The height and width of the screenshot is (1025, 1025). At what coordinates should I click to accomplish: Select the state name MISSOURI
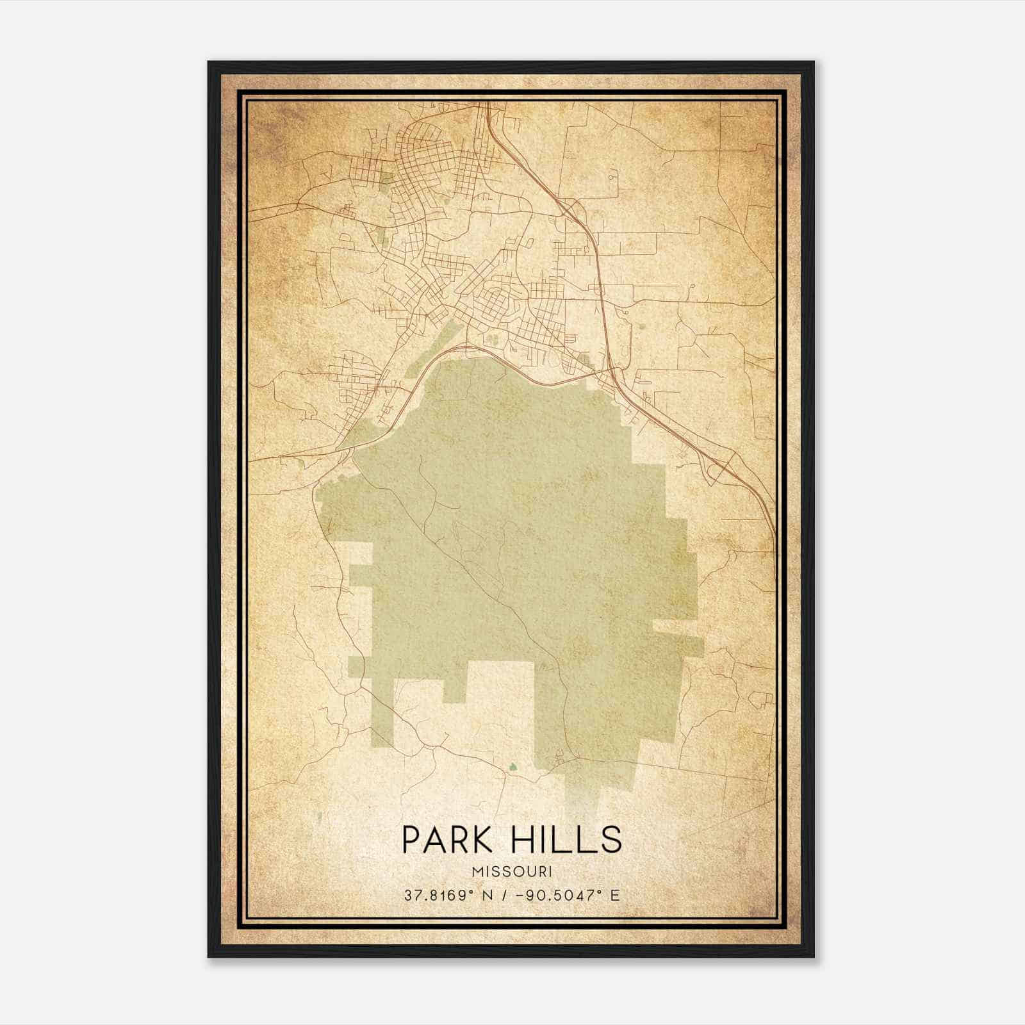512,871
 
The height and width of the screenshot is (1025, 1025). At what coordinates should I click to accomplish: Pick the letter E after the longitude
614,895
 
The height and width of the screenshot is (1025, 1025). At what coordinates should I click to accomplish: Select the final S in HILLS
611,839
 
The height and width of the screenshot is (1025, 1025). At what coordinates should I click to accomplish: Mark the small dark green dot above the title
512,766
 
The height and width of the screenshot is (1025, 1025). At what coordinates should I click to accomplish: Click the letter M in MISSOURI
477,871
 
